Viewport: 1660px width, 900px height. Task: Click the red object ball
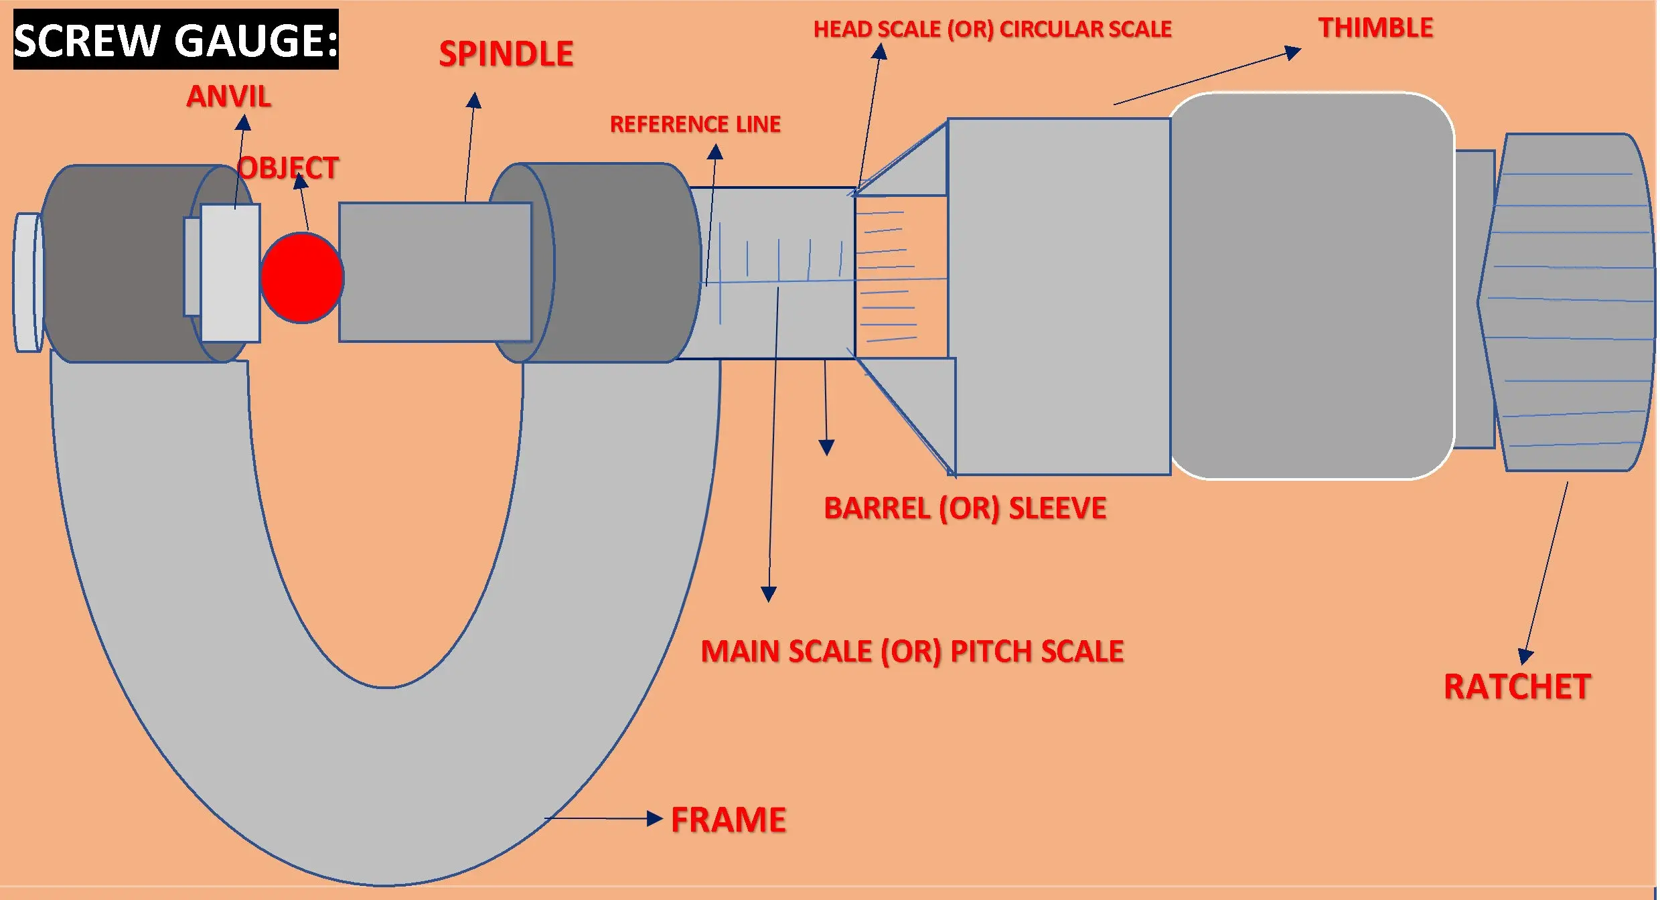tap(302, 277)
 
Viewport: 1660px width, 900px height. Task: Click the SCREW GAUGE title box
tap(176, 40)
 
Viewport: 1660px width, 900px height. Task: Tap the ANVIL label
tap(228, 96)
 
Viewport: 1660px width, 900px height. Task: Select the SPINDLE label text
tap(506, 54)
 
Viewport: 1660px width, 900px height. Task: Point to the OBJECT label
tap(289, 168)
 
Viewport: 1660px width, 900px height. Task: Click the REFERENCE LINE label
tap(695, 125)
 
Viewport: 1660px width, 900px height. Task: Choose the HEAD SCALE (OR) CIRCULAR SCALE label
tap(992, 29)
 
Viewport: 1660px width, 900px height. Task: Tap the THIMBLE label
tap(1375, 28)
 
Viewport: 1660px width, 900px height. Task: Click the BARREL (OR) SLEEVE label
tap(965, 508)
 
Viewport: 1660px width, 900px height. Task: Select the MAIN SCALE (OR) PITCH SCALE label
tap(912, 652)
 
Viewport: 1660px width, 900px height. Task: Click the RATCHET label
tap(1517, 687)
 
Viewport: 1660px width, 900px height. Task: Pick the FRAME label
tap(729, 820)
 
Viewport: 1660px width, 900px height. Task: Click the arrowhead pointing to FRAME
tap(654, 818)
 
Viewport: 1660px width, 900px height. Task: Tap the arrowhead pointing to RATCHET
tap(1525, 656)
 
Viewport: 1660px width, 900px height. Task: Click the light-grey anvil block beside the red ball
tap(230, 273)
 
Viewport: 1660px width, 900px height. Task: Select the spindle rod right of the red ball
tap(435, 273)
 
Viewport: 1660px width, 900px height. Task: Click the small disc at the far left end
tap(27, 283)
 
